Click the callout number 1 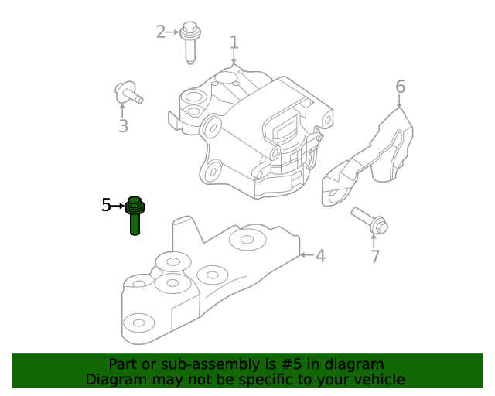point(234,42)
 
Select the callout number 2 point(161,32)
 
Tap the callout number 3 point(123,126)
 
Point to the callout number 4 point(319,255)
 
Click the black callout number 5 point(107,205)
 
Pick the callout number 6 point(400,86)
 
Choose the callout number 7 point(375,257)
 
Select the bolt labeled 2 point(189,42)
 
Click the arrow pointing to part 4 point(306,254)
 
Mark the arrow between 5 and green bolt point(118,206)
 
